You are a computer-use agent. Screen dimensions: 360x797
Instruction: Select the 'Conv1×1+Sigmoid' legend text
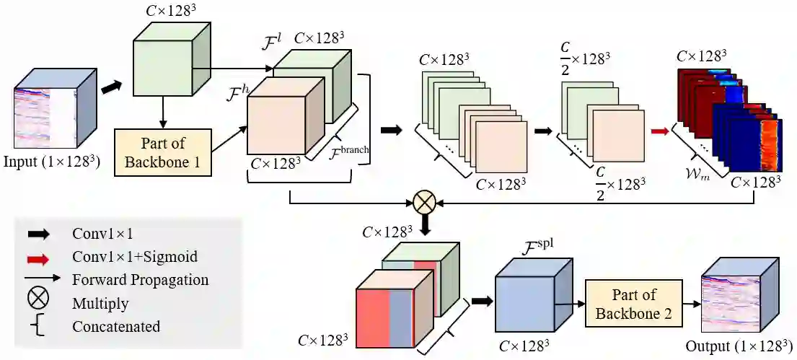pos(135,257)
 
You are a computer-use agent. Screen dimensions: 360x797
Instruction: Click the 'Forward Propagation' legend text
pos(140,280)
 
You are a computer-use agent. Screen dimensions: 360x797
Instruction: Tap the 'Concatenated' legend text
pos(116,326)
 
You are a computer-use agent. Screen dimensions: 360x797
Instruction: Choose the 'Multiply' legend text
pos(100,303)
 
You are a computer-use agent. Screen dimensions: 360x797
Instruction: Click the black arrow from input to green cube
pos(111,86)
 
